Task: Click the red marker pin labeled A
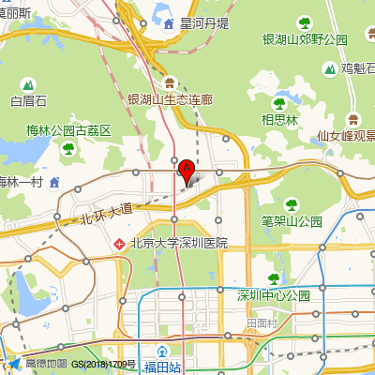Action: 187,171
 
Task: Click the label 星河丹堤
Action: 204,22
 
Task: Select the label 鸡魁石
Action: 357,67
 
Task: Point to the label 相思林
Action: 279,119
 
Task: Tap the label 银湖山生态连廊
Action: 171,98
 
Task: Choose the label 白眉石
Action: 27,100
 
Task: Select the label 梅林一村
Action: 22,181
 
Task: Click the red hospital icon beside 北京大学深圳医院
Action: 119,244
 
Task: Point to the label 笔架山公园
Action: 291,222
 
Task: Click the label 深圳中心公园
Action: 274,295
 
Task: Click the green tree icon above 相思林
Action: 278,103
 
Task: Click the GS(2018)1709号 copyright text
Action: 104,364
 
